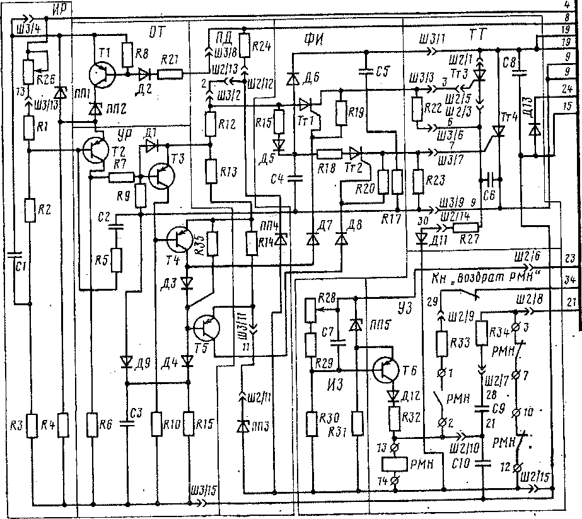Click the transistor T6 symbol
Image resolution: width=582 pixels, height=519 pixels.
[385, 369]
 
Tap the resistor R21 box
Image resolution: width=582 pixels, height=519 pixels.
[171, 75]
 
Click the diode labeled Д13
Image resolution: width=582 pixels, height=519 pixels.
[535, 129]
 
